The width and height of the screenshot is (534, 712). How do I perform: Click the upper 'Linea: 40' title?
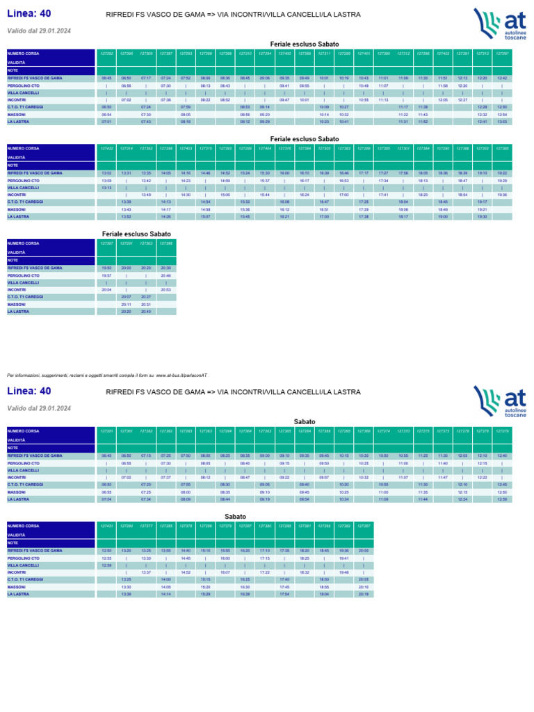pyautogui.click(x=29, y=13)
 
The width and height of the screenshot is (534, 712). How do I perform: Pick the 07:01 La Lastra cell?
pyautogui.click(x=106, y=122)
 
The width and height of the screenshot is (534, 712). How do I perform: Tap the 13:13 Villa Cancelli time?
pyautogui.click(x=106, y=188)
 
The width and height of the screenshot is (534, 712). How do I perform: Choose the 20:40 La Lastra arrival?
pyautogui.click(x=146, y=311)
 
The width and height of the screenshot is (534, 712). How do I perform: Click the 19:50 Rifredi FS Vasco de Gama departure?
pyautogui.click(x=106, y=268)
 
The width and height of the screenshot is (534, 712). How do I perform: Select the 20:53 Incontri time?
pyautogui.click(x=165, y=290)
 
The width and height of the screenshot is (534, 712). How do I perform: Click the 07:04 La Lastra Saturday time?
pyautogui.click(x=106, y=499)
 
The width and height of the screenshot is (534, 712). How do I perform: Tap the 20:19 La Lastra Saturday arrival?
pyautogui.click(x=363, y=594)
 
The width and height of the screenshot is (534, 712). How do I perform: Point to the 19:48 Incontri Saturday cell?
pyautogui.click(x=343, y=572)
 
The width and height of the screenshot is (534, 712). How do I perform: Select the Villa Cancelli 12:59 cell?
pyautogui.click(x=106, y=565)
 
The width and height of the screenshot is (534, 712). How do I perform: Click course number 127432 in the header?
pyautogui.click(x=106, y=148)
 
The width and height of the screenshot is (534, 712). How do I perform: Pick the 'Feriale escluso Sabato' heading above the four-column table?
pyautogui.click(x=136, y=234)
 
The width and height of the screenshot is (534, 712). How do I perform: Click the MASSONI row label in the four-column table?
pyautogui.click(x=17, y=305)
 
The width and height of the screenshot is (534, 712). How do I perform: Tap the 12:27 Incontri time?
pyautogui.click(x=462, y=100)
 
